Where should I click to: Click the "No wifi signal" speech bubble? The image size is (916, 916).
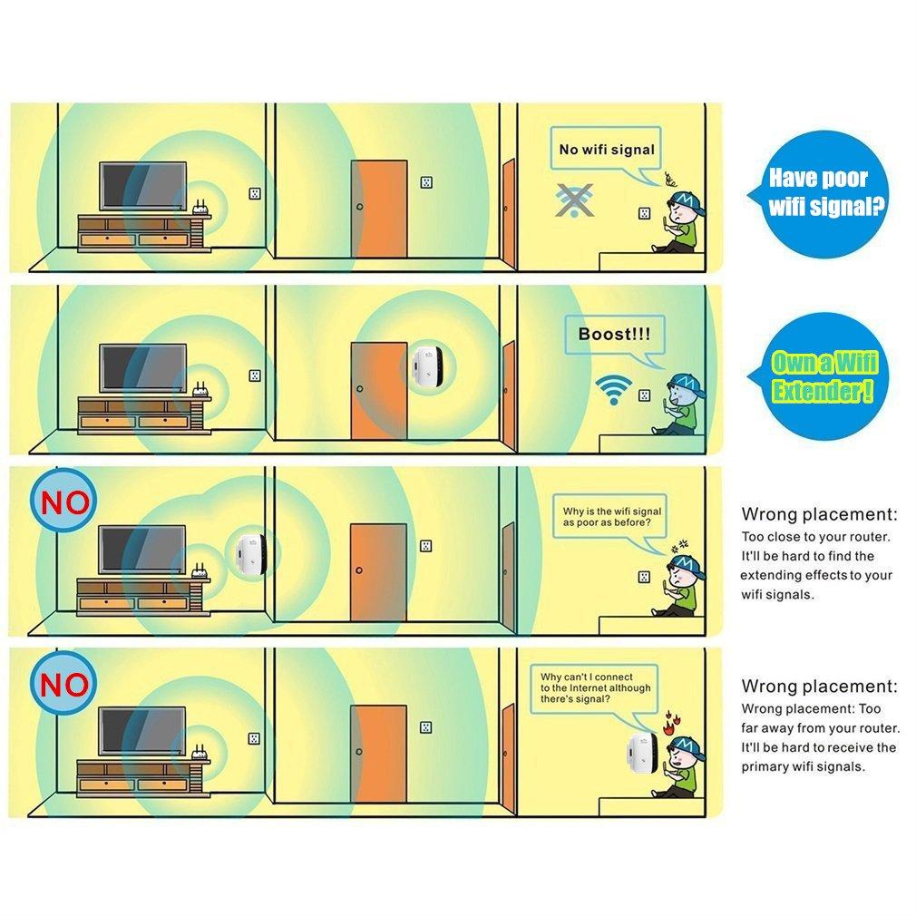tap(606, 149)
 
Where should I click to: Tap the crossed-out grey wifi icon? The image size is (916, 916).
tap(574, 200)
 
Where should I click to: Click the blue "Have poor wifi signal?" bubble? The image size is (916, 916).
tap(818, 193)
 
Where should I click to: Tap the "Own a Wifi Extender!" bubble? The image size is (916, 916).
tap(819, 376)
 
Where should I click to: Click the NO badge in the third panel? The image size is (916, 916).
tap(63, 502)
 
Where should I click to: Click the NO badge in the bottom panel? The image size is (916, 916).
tap(63, 683)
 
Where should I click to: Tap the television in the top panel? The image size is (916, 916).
tap(143, 186)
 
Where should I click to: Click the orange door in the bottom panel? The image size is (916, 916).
tap(378, 753)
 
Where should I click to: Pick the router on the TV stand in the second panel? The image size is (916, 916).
tap(200, 390)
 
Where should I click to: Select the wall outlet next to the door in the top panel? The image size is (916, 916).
tap(426, 182)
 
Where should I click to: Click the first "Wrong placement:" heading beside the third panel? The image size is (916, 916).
tap(819, 514)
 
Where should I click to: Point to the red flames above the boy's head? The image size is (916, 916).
tap(669, 723)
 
